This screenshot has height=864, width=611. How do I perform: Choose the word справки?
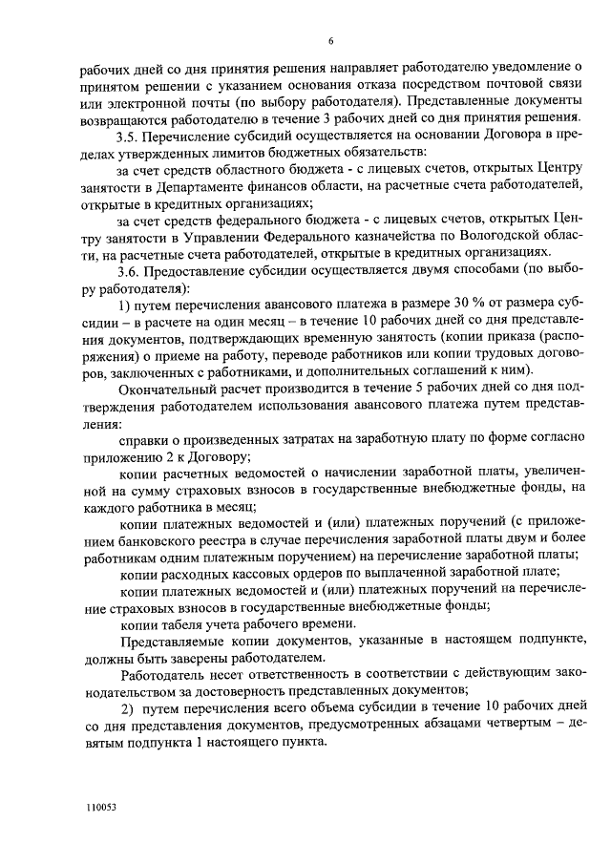tap(145, 441)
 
